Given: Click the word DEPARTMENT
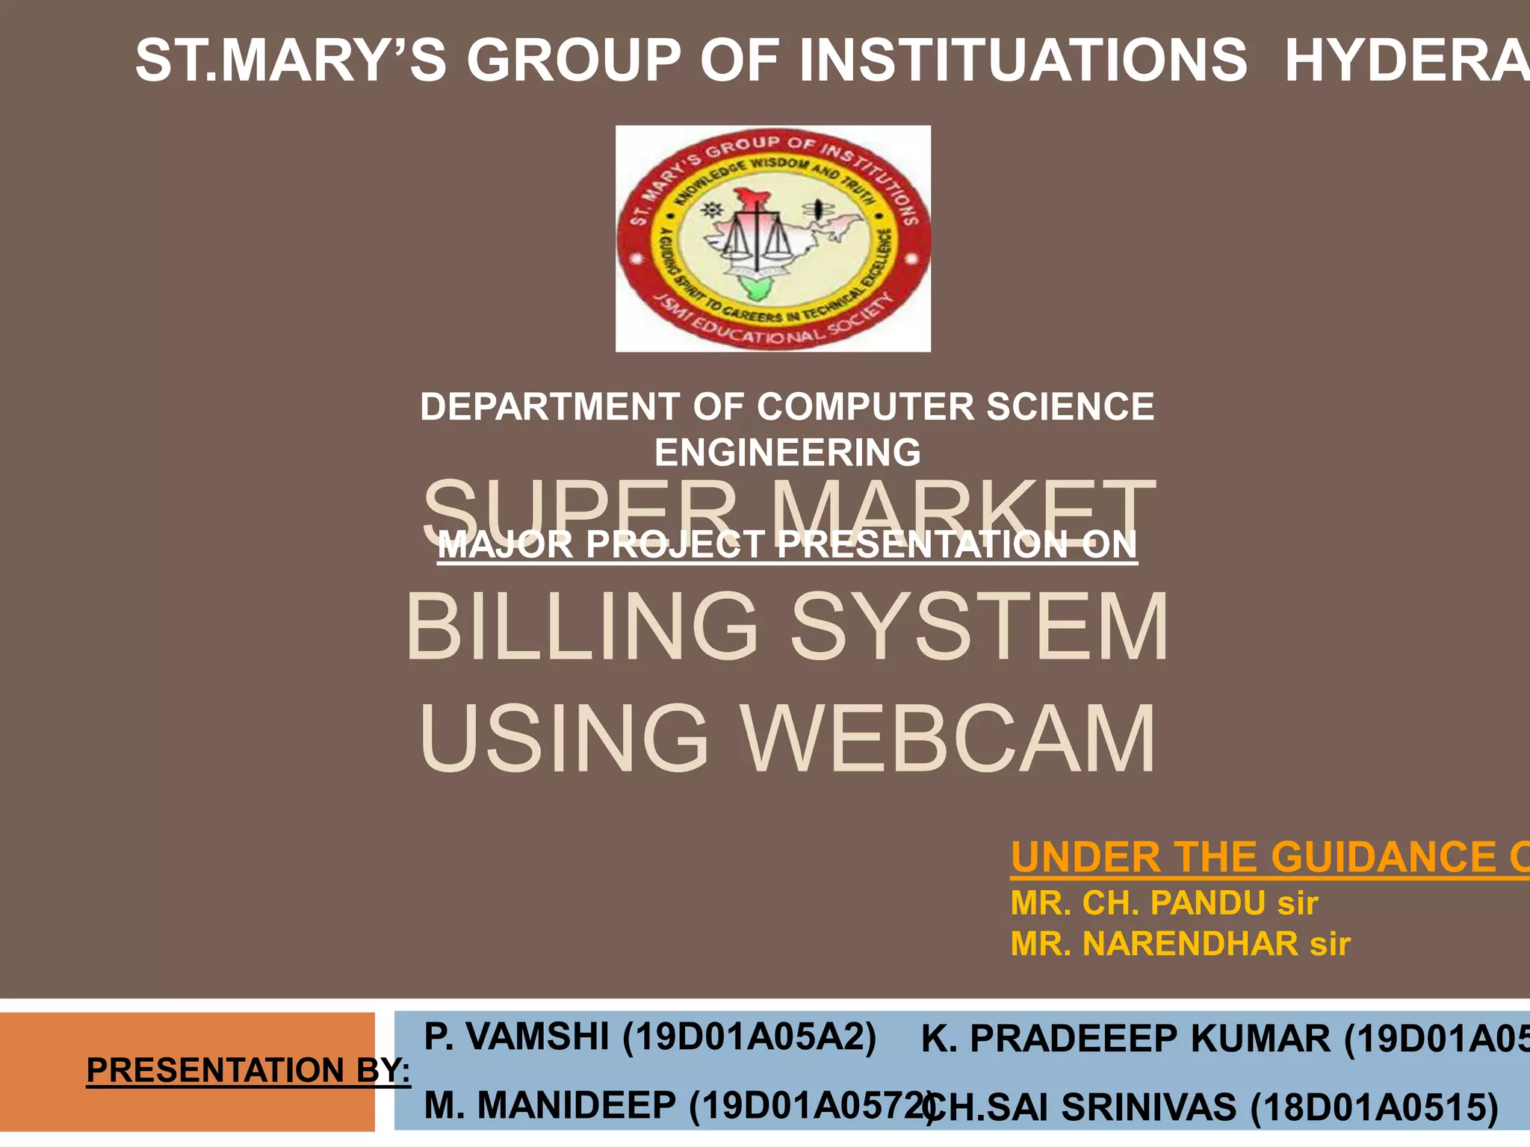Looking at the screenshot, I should coord(550,407).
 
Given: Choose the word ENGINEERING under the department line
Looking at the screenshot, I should coord(787,453).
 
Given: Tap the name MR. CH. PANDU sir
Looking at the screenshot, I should coord(1164,903).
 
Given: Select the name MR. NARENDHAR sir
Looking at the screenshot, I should coord(1180,944).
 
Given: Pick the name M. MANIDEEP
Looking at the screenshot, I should coord(550,1105).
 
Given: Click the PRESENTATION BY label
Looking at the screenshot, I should coord(248,1069).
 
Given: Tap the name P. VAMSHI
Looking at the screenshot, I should coord(515,1036).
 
